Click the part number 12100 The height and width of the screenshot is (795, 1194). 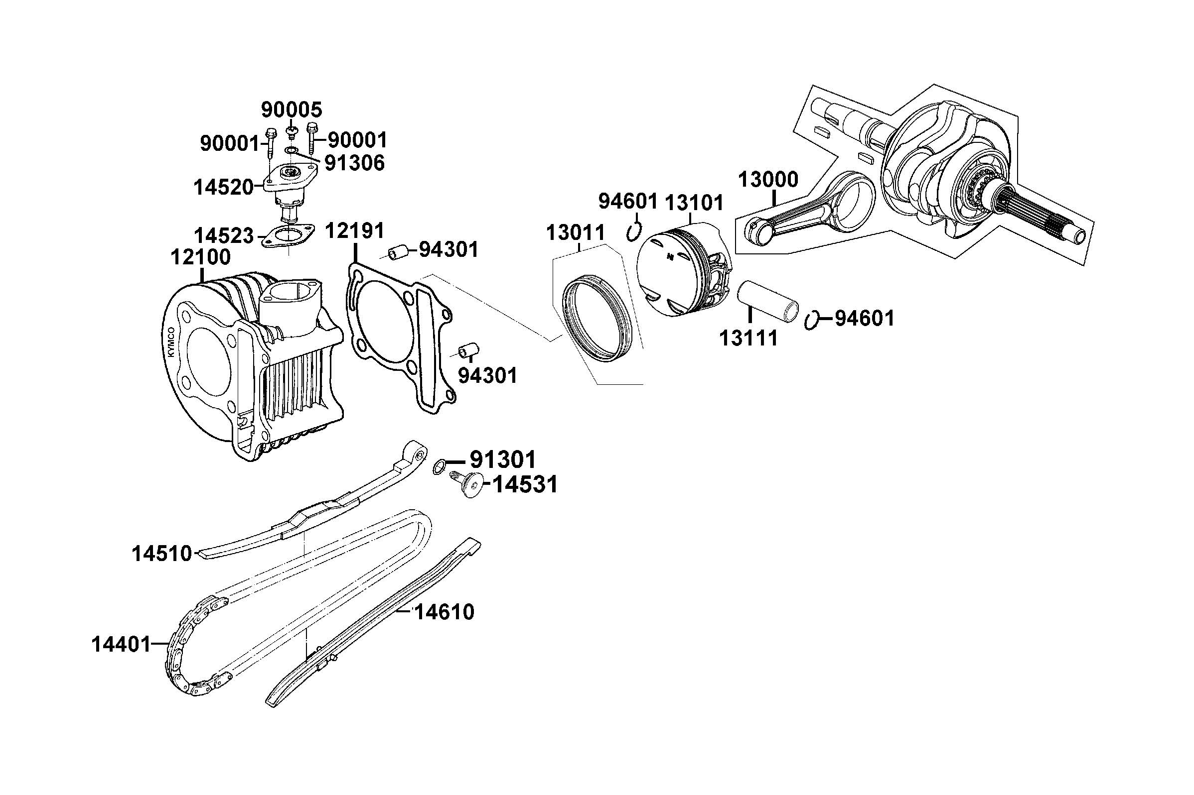point(200,257)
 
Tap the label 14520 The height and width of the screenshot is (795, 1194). point(223,188)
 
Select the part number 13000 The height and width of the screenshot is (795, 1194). point(768,180)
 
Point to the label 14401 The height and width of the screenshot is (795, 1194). point(121,645)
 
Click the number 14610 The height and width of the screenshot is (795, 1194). point(444,612)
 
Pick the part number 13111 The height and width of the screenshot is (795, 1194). point(748,338)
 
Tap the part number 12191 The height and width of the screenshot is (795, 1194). point(354,230)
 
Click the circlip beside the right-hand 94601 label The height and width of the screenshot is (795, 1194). point(812,320)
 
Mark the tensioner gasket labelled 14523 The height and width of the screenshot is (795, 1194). point(288,236)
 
